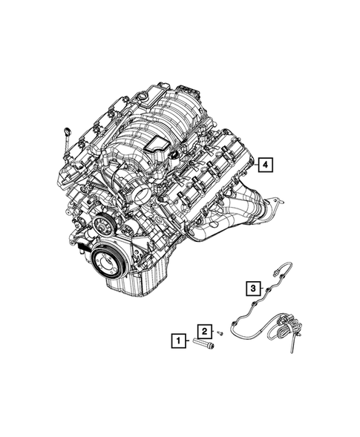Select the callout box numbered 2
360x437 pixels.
click(203, 331)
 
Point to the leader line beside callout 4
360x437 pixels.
click(255, 165)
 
